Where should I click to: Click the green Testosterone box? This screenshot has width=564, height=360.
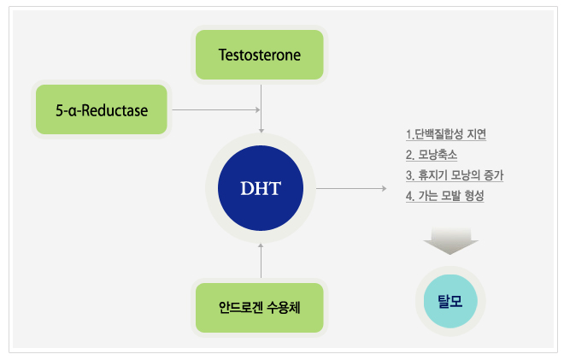pyautogui.click(x=260, y=55)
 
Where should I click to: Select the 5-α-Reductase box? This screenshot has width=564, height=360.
pyautogui.click(x=101, y=109)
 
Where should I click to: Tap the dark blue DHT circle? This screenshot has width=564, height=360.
pyautogui.click(x=261, y=187)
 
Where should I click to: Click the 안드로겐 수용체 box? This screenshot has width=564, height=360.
pyautogui.click(x=260, y=307)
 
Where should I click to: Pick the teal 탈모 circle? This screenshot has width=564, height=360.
pyautogui.click(x=449, y=299)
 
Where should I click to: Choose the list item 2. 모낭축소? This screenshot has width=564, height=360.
pyautogui.click(x=432, y=155)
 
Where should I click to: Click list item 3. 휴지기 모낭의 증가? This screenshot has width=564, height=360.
pyautogui.click(x=455, y=175)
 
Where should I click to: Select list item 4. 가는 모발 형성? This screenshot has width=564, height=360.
pyautogui.click(x=445, y=196)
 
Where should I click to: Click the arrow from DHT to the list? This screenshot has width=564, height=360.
pyautogui.click(x=350, y=187)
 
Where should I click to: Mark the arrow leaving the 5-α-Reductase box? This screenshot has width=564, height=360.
pyautogui.click(x=214, y=110)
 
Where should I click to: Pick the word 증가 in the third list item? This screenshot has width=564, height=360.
pyautogui.click(x=492, y=175)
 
